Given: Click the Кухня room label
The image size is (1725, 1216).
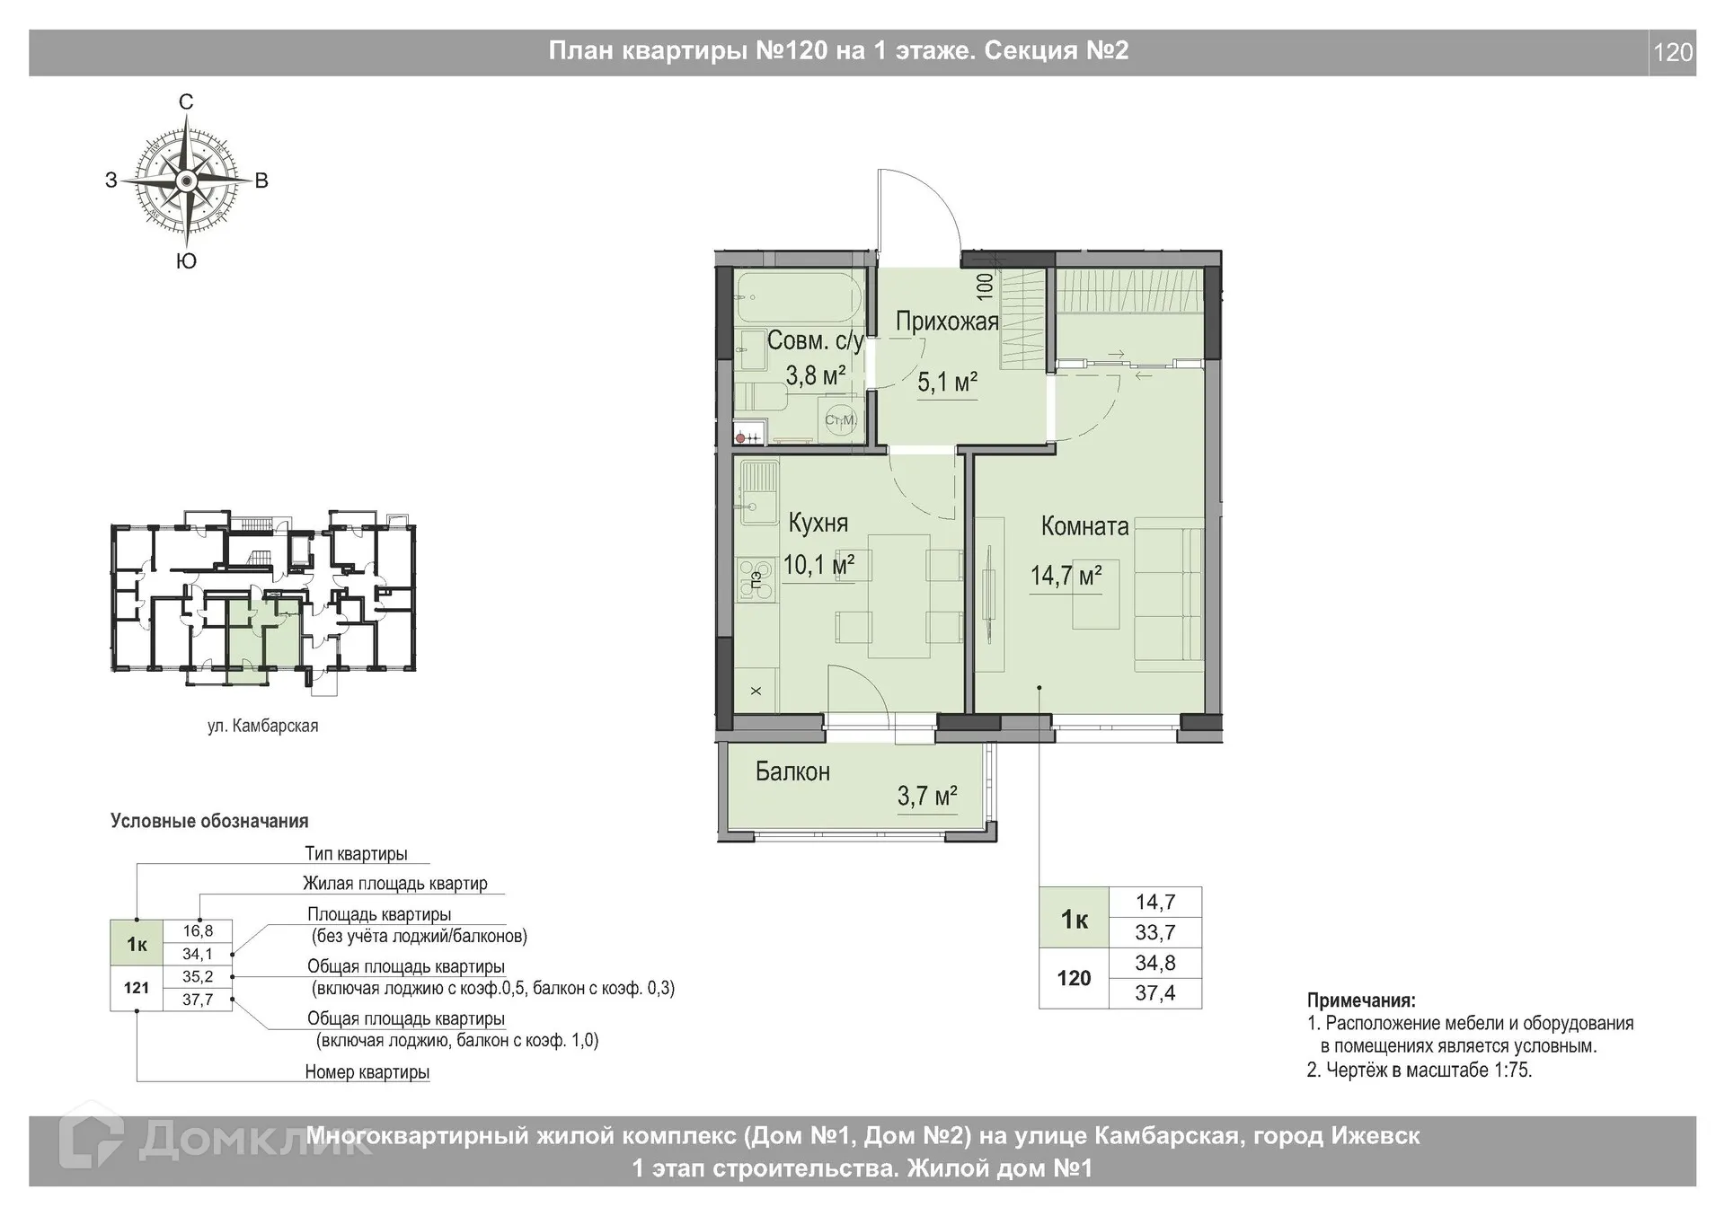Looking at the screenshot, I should click(818, 523).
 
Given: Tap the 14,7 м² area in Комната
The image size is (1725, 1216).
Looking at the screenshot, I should click(1066, 575).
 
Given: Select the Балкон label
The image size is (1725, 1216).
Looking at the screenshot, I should click(792, 771).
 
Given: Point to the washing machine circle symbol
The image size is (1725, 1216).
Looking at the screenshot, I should click(841, 419).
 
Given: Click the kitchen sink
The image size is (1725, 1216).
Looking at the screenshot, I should click(757, 491).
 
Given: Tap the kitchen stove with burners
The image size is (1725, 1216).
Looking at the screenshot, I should click(756, 579).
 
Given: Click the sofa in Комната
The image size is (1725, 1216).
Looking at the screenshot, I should click(1168, 599).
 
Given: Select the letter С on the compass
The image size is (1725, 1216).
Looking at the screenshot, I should click(186, 102).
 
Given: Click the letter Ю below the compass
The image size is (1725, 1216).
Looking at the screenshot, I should click(186, 261).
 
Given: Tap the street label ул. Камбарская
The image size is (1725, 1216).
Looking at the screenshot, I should click(262, 726).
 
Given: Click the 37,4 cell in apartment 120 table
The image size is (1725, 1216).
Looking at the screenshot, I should click(1154, 993).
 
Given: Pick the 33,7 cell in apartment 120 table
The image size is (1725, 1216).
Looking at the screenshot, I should click(1154, 932).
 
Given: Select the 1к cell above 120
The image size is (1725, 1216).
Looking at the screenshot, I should click(1075, 919).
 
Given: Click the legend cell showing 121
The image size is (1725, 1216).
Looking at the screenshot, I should click(137, 988).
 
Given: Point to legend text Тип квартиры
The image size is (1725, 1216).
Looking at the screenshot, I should click(356, 853).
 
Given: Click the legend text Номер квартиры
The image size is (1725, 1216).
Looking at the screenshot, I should click(367, 1071).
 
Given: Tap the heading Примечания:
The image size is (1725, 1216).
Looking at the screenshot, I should click(1361, 1000).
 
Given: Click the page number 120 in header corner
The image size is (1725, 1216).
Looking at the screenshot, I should click(1673, 53).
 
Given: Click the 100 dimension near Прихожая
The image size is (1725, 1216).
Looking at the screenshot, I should click(985, 286).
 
